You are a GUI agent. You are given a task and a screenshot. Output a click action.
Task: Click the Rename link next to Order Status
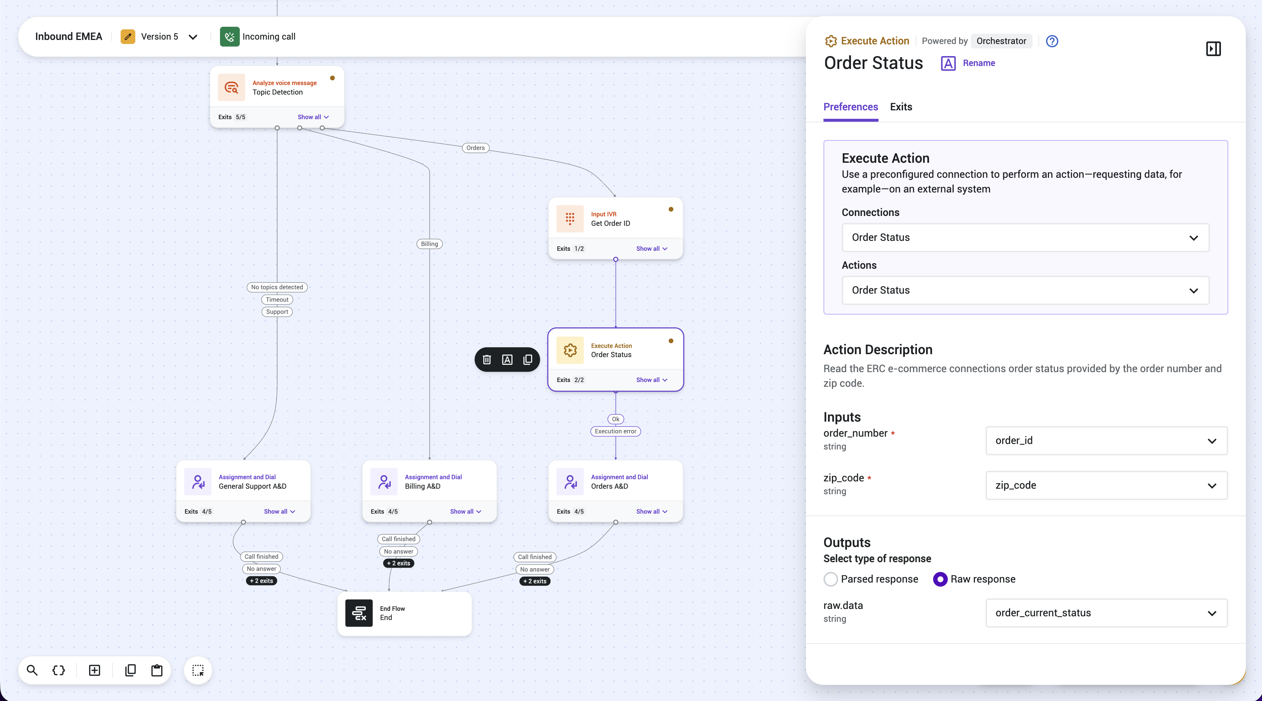pos(978,63)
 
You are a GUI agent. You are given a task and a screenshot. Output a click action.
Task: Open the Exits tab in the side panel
pos(901,107)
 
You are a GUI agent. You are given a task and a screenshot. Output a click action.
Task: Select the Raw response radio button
pos(940,579)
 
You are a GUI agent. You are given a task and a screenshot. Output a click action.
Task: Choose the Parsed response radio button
pos(830,579)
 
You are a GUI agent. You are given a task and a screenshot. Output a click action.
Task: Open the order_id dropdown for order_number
pos(1106,440)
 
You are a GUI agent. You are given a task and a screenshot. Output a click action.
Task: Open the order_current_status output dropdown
pos(1106,613)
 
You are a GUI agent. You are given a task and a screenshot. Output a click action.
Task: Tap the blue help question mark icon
pos(1052,41)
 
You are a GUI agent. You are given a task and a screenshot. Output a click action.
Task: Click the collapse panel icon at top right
pos(1213,48)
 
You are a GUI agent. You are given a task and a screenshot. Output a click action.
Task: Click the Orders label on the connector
pos(475,148)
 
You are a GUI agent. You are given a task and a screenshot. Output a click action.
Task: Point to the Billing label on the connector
pos(429,244)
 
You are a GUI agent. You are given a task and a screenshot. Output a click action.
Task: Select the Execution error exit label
pos(615,432)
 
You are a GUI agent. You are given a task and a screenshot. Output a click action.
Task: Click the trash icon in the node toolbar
pos(487,360)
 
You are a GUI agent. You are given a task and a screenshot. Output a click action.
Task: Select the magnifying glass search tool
pos(32,671)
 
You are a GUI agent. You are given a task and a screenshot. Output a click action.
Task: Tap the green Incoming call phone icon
pos(229,37)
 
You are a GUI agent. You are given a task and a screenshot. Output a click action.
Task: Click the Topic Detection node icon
pos(231,88)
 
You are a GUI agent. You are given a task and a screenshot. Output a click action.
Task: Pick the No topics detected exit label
pos(277,287)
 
